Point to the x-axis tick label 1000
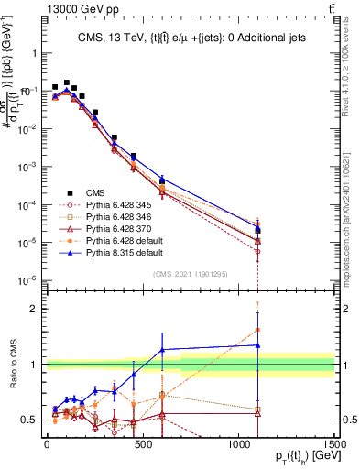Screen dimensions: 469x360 click(238, 444)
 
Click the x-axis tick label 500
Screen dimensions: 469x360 click(142, 444)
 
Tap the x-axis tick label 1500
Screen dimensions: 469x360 click(334, 444)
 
